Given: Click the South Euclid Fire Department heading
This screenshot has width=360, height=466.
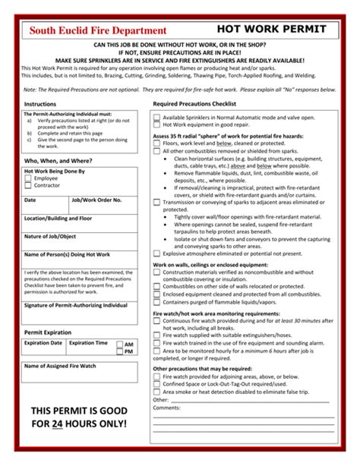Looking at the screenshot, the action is [x=96, y=30].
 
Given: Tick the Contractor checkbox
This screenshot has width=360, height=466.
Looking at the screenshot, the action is [x=30, y=186].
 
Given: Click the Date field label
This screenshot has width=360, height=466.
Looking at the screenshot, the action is [x=30, y=200].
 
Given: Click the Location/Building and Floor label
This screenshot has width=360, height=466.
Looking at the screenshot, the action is [x=58, y=219].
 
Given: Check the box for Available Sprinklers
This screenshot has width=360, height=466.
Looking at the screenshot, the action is [x=156, y=118].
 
